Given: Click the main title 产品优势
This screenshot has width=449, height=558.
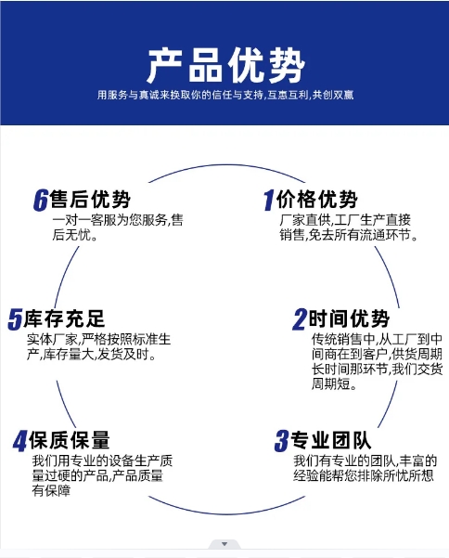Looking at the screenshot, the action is [226, 66].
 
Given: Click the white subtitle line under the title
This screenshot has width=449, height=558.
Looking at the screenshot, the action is [225, 95].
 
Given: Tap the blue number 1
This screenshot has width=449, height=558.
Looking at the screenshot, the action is [269, 200].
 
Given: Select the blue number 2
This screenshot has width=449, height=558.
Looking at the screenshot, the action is [300, 319].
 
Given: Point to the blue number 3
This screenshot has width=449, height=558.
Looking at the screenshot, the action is [282, 441].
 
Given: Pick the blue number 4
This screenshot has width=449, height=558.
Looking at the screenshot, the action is [19, 441].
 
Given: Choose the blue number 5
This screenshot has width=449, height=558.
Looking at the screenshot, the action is [15, 319].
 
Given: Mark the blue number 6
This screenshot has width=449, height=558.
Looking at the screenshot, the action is [41, 200].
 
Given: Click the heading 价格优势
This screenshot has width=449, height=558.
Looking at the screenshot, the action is [316, 199].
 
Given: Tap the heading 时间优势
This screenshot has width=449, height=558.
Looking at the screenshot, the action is [349, 318].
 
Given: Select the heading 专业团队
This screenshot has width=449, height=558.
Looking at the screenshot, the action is [331, 440].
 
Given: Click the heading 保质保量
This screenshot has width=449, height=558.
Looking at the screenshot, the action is [70, 440].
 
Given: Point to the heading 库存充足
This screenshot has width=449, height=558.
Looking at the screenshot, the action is [64, 318].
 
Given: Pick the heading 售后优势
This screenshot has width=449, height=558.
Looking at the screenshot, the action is [90, 199].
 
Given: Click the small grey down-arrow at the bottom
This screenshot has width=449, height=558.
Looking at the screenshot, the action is [224, 544].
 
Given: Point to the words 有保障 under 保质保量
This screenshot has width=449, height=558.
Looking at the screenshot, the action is [51, 491].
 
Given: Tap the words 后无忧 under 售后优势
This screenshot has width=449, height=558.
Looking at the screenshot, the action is [75, 235].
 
